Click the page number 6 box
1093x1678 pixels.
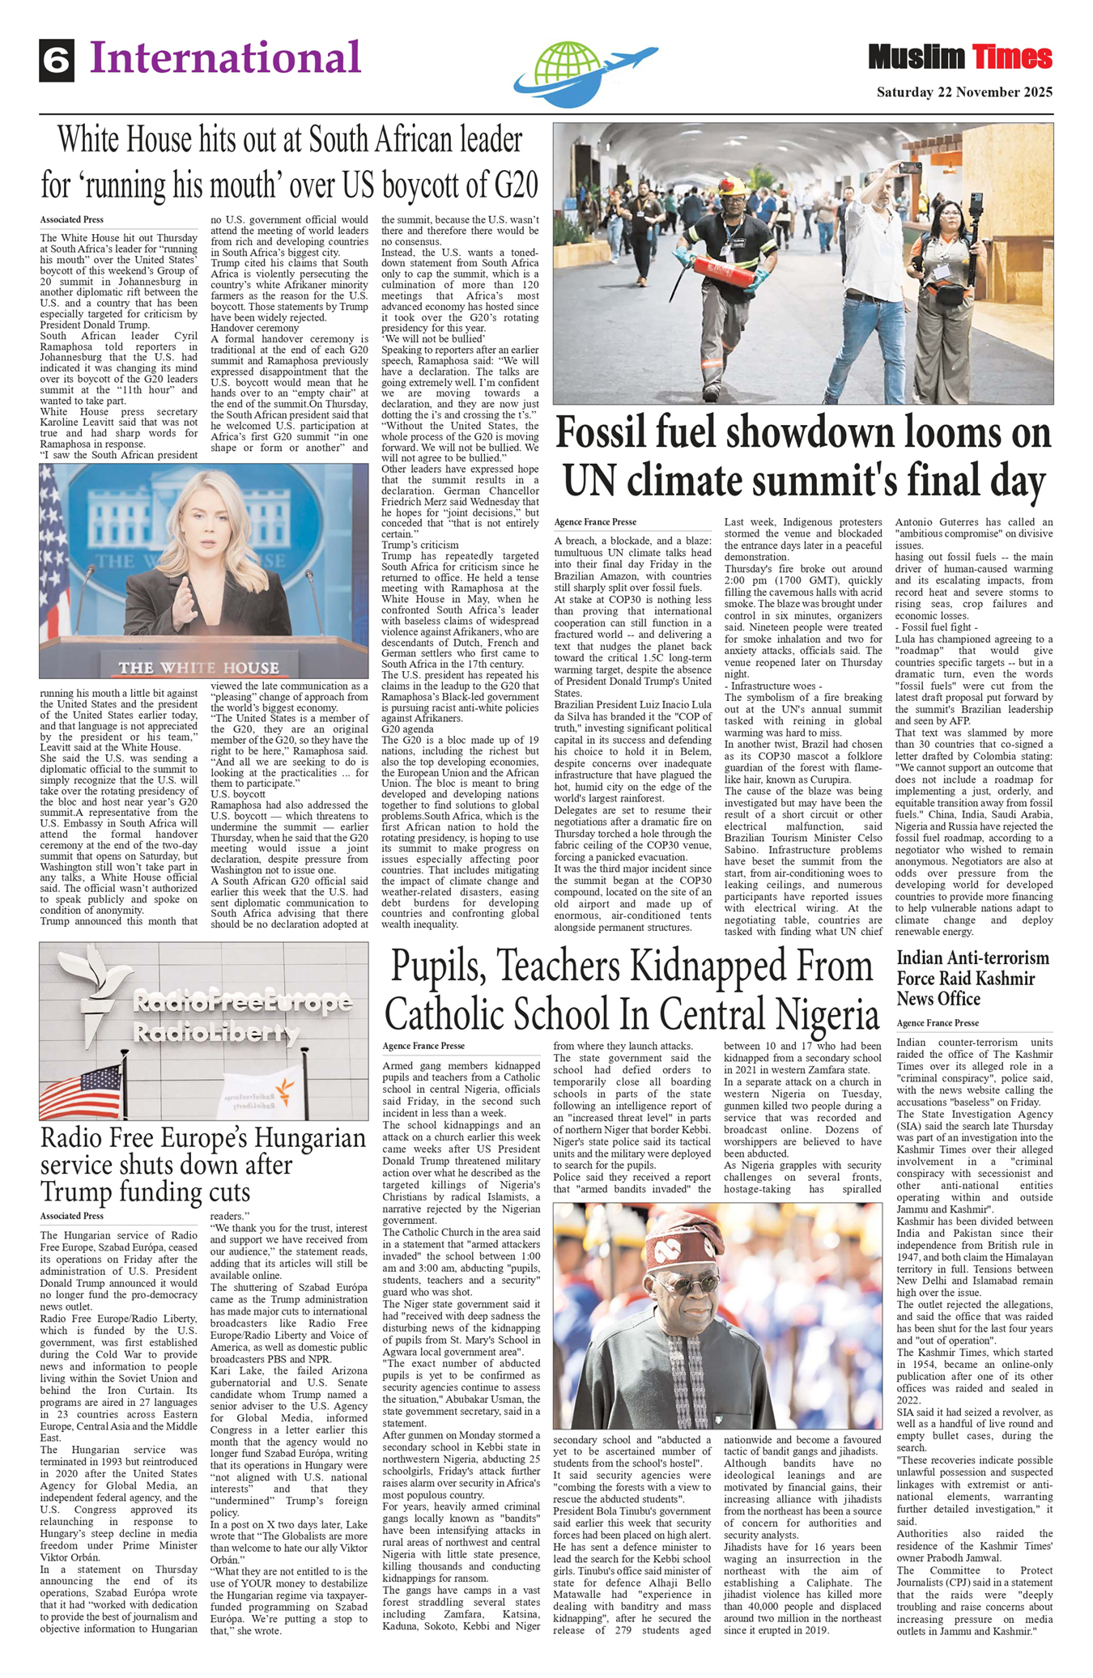tap(57, 61)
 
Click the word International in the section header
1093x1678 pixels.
tap(225, 58)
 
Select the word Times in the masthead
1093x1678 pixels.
tap(1012, 58)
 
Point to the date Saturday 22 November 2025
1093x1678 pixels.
tap(964, 92)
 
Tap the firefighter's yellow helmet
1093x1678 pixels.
tap(735, 185)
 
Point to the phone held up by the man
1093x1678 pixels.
tap(910, 168)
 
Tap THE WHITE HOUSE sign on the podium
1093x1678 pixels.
tap(198, 668)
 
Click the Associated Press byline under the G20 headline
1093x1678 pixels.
tap(72, 219)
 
